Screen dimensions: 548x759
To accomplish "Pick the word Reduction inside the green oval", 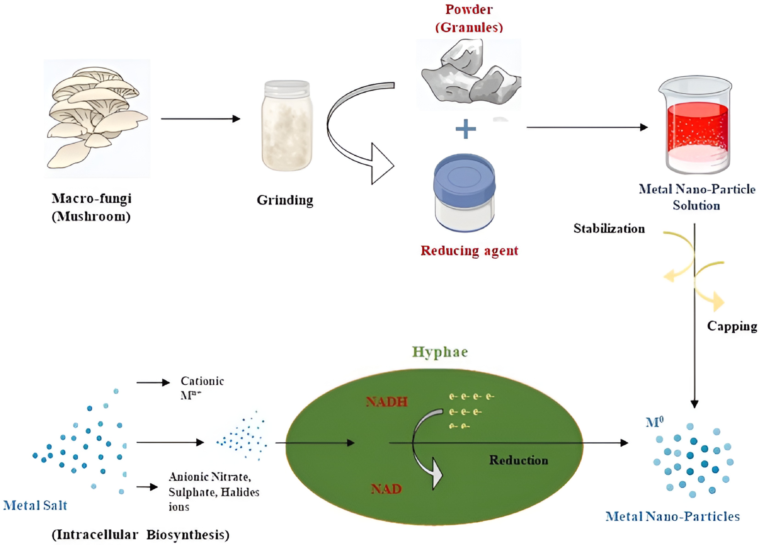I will (518, 460).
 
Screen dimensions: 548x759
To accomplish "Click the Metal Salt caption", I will (35, 505).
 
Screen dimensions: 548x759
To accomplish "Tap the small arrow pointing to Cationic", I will (153, 382).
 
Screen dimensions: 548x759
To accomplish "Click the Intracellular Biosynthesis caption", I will (140, 535).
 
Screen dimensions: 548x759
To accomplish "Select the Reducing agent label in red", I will (469, 251).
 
